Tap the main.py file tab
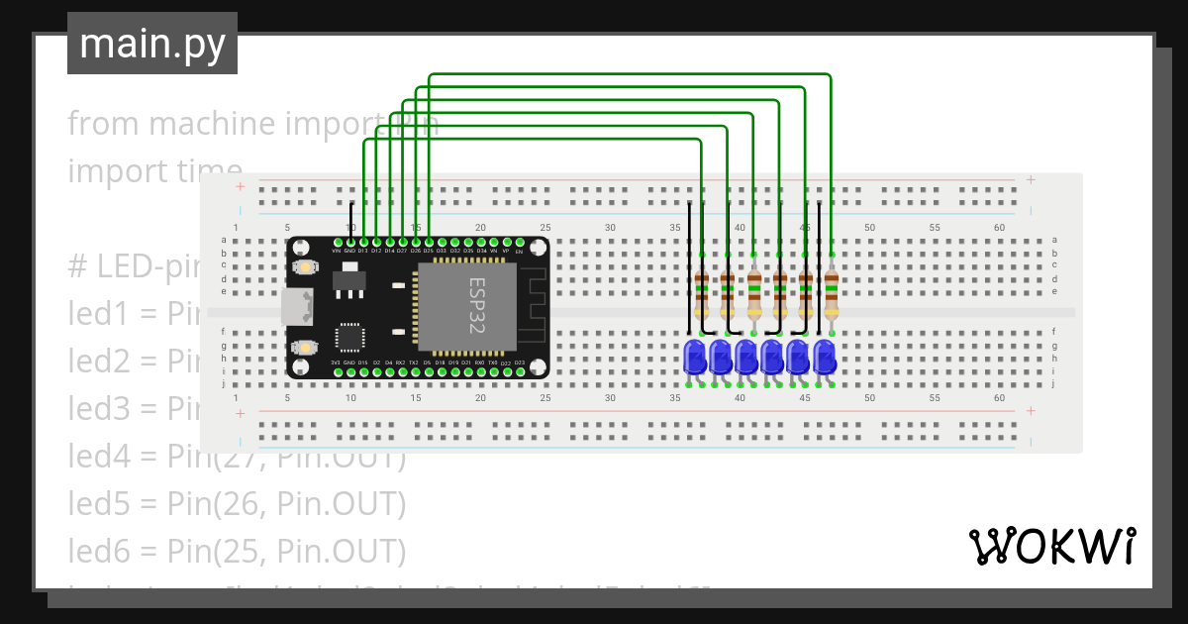pyautogui.click(x=152, y=44)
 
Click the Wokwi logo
pyautogui.click(x=1050, y=546)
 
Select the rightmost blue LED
pyautogui.click(x=824, y=356)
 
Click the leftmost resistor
pyautogui.click(x=702, y=289)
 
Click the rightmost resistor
pyautogui.click(x=831, y=289)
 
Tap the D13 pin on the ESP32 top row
pyautogui.click(x=363, y=242)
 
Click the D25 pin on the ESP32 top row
pyautogui.click(x=428, y=242)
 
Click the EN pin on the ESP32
pyautogui.click(x=519, y=242)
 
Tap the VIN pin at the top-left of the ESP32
pyautogui.click(x=338, y=242)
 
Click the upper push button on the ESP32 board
pyautogui.click(x=305, y=266)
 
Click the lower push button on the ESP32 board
pyautogui.click(x=305, y=347)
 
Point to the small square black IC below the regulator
pyautogui.click(x=350, y=337)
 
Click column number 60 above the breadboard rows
pyautogui.click(x=999, y=228)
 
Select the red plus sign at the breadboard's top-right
pyautogui.click(x=1031, y=180)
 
